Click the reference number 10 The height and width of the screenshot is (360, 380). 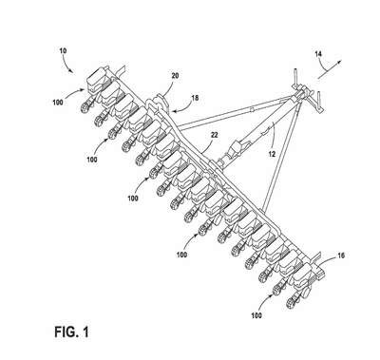point(63,50)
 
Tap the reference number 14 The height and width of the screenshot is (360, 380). point(318,54)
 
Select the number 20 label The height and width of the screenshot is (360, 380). point(175,76)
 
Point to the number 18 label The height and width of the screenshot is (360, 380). point(195,98)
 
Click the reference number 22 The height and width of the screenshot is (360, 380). point(215,135)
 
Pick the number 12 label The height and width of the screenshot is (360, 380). point(272,155)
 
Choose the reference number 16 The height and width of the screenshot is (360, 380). point(341,256)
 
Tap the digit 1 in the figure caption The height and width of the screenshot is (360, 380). point(85,332)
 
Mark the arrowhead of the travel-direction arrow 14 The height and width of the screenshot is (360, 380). point(339,62)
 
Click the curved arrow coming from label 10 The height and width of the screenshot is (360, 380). point(69,65)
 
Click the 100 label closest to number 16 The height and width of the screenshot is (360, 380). point(256,315)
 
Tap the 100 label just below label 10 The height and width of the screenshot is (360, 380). point(58,103)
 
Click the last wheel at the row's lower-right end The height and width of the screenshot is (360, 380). point(291,303)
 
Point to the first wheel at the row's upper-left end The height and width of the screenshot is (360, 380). point(84,109)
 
